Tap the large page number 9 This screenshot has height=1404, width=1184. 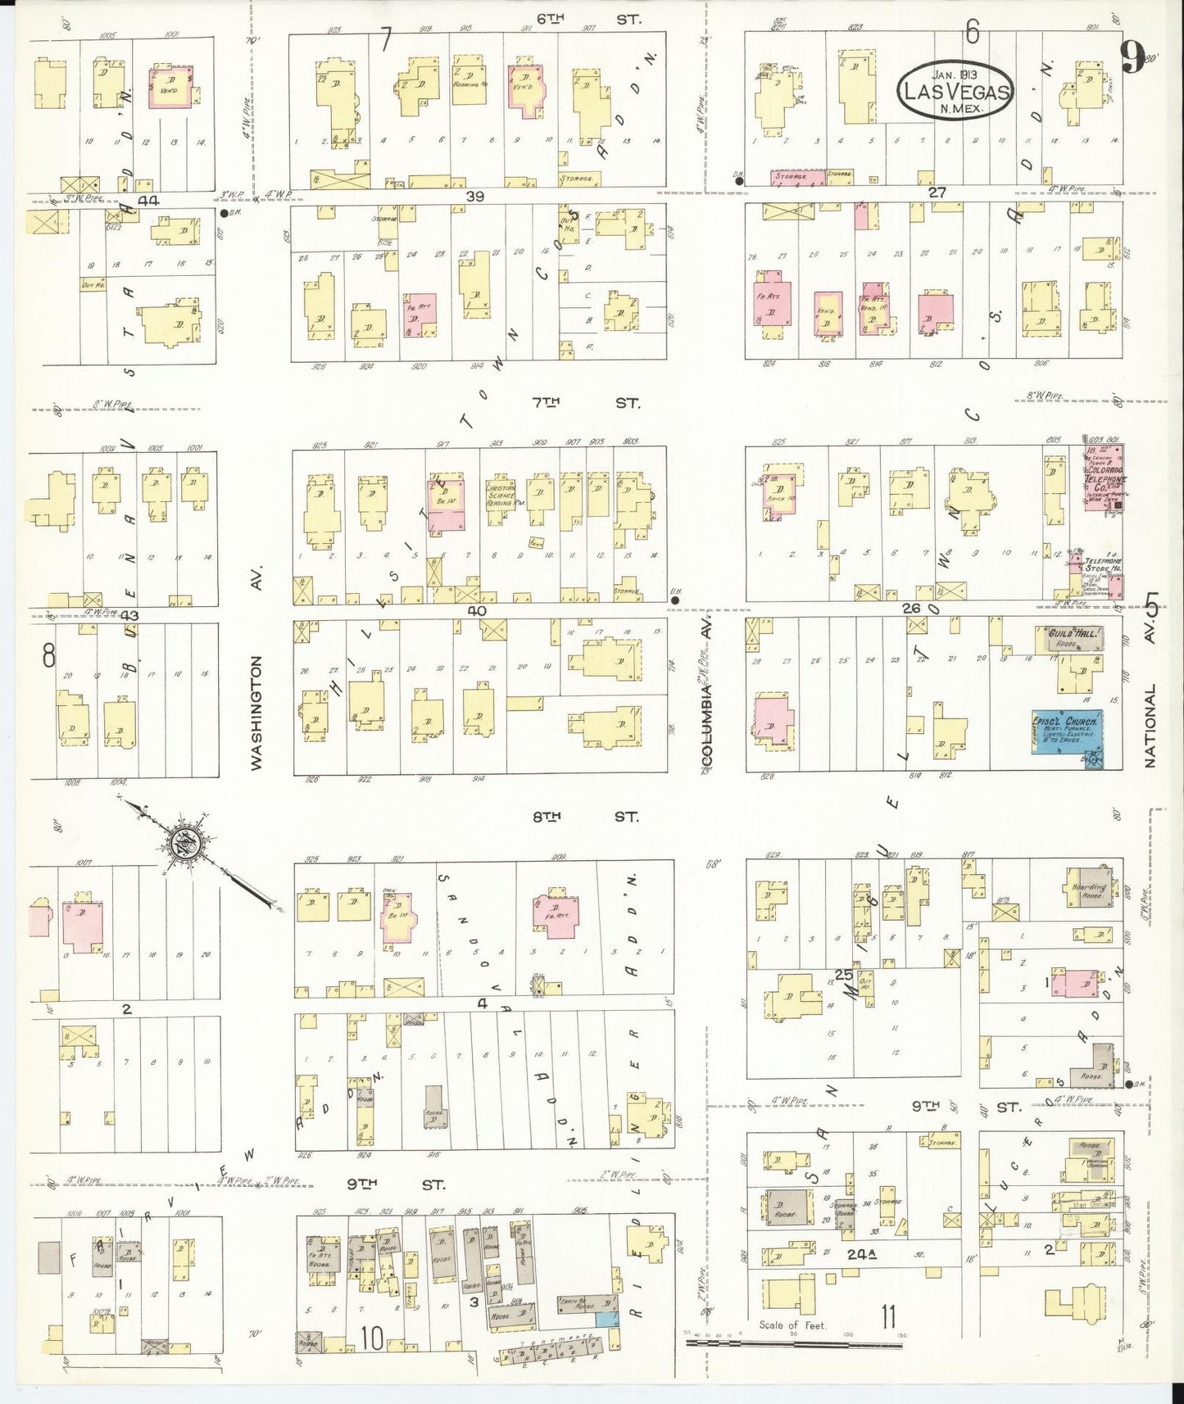[1132, 57]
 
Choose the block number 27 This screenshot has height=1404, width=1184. [937, 192]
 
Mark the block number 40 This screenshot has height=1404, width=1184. [477, 611]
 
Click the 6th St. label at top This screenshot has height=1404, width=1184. [587, 17]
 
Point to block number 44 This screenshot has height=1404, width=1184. [151, 199]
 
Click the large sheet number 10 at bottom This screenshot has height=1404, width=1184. [372, 1339]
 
